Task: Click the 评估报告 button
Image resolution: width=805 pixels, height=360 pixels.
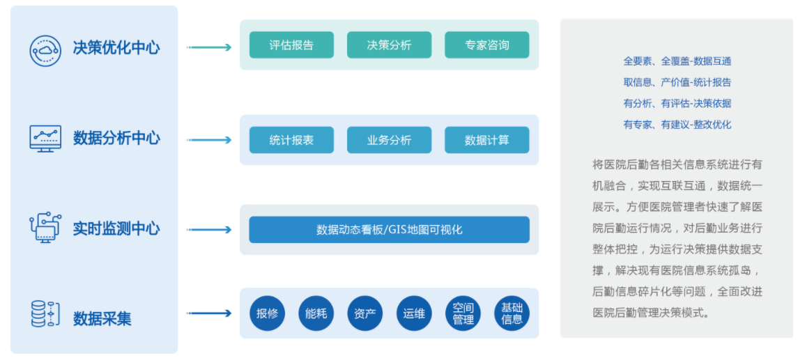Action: (x=291, y=45)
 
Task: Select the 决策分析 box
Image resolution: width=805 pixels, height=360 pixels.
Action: (x=389, y=45)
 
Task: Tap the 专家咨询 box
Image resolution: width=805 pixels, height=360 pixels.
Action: (x=486, y=45)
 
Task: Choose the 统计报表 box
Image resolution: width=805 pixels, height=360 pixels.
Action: (x=291, y=140)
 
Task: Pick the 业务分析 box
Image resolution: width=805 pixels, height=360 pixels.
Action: (x=389, y=140)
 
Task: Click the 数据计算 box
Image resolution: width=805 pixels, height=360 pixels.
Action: (x=486, y=140)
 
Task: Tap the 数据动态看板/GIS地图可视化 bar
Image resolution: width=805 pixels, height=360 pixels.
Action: (x=389, y=230)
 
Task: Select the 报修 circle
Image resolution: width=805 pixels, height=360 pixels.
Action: (x=267, y=313)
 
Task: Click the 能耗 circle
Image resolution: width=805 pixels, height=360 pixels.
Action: (x=316, y=313)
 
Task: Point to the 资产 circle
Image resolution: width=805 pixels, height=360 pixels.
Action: (x=365, y=313)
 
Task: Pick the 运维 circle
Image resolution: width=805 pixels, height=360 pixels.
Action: (x=414, y=313)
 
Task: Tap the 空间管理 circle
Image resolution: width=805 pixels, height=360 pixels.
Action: (x=463, y=313)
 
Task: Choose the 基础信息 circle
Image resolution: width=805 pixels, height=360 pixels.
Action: (x=512, y=313)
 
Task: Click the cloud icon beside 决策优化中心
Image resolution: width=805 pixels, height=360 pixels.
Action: (x=45, y=49)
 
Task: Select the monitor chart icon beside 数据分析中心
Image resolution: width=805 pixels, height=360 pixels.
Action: (x=45, y=139)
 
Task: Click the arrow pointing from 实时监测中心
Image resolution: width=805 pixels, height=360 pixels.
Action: (x=209, y=230)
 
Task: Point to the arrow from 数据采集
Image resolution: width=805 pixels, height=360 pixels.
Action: (x=209, y=313)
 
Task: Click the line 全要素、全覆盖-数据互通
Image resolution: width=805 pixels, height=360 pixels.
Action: (x=677, y=61)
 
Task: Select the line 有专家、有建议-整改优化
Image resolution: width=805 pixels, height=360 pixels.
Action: (x=677, y=125)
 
